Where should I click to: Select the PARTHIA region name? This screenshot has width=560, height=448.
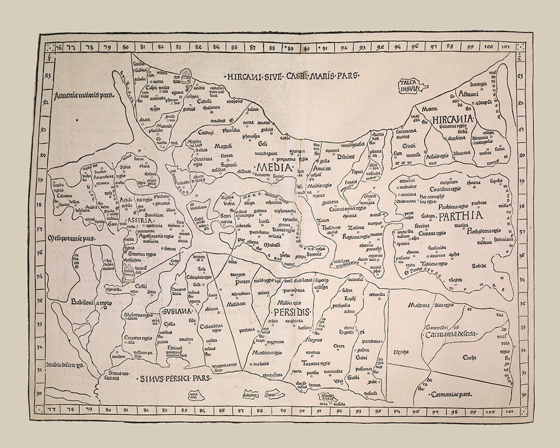(460, 216)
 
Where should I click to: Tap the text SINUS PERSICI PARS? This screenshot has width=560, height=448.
(175, 379)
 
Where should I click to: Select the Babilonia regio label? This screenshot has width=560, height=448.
(91, 302)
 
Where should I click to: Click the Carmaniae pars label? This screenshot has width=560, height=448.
(453, 394)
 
